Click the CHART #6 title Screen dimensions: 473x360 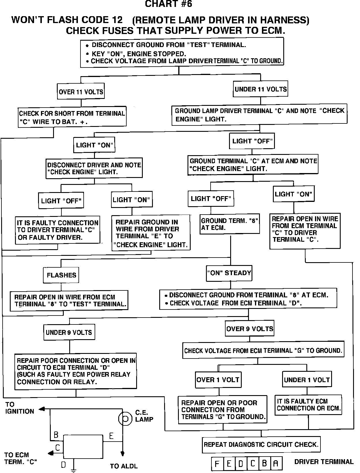point(168,4)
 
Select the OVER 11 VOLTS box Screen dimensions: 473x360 point(81,92)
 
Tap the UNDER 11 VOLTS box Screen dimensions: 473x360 point(260,89)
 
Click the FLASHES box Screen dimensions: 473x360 point(61,275)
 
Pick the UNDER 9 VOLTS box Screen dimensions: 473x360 point(69,332)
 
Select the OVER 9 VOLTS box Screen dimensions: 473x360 point(250,329)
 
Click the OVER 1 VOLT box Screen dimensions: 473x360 point(218,380)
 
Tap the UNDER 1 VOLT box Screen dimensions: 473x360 point(307,380)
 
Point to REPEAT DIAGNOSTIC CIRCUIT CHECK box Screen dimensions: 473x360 point(261,444)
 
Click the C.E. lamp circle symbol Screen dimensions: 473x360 point(125,418)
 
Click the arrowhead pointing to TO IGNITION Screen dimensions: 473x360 point(42,409)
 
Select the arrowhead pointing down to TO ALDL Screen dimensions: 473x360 point(123,454)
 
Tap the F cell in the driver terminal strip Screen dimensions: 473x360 point(217,464)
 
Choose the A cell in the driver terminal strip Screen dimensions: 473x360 point(276,464)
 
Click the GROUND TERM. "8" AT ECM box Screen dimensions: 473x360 point(230,224)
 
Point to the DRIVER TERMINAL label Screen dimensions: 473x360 point(324,462)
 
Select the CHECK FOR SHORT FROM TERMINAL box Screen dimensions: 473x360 point(72,117)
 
